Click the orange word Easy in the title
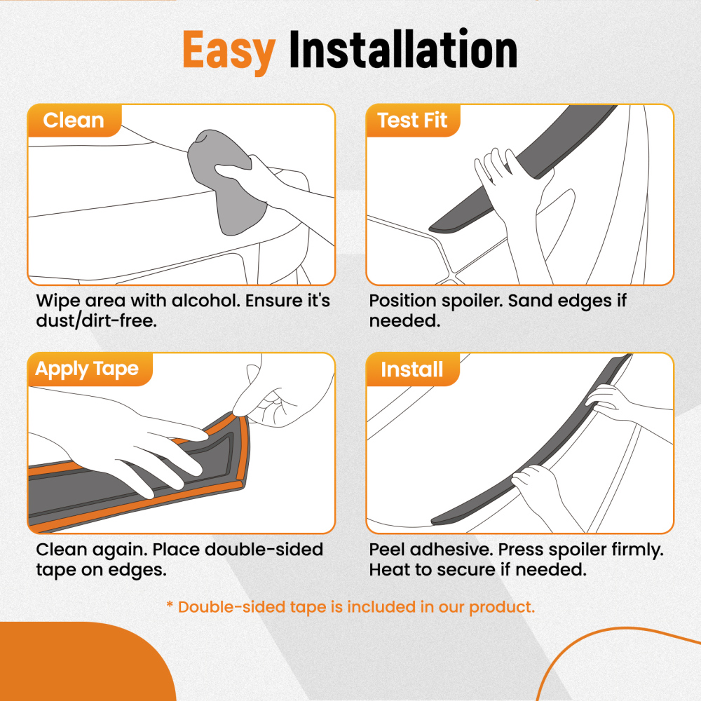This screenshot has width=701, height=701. point(229,50)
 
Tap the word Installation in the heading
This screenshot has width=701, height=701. point(403,48)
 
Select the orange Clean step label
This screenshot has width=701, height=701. point(74,121)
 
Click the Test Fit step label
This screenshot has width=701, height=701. point(412,121)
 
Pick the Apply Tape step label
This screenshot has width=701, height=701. point(87,369)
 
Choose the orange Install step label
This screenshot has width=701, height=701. point(411,369)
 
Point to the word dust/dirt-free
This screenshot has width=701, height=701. point(96,320)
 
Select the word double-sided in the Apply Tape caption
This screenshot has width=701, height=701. point(264,550)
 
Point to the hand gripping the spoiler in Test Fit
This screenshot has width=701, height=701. point(514,188)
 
